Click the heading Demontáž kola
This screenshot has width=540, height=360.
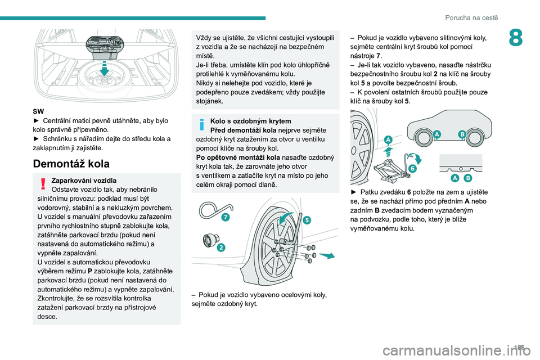pos(71,164)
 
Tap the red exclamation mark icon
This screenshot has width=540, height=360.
pos(43,184)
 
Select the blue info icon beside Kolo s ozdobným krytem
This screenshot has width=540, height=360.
pos(202,124)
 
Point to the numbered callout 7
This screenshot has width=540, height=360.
pos(226,217)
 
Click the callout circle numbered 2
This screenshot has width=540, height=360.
pos(220,247)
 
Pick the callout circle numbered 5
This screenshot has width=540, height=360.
pos(307,220)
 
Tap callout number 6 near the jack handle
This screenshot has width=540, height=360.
pos(412,168)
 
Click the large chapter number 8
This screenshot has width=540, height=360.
pos(515,38)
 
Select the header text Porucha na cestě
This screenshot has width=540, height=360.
pos(471,18)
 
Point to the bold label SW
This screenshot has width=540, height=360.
pos(38,111)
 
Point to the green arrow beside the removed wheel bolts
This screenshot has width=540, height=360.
pos(327,255)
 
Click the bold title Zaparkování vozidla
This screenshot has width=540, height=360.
pos(84,181)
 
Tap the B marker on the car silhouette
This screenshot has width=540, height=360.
pos(462,134)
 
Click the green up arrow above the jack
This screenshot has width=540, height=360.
pos(389,151)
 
